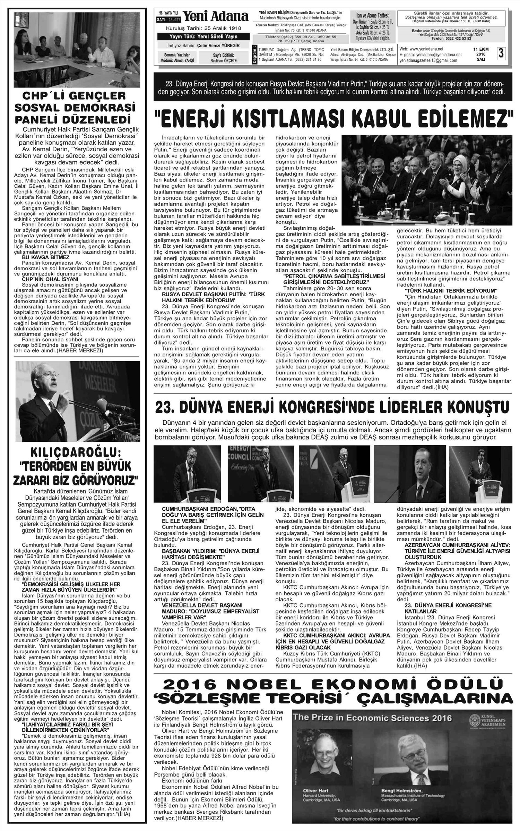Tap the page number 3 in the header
(x=501, y=54)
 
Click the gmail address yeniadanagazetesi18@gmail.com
(x=428, y=60)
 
